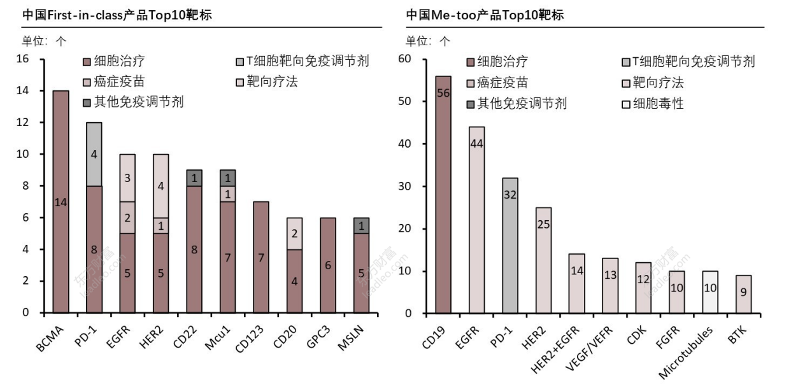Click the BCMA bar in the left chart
pos(61,202)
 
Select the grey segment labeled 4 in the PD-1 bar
pos(94,154)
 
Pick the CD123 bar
pos(260,257)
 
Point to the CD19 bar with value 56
pos(443,194)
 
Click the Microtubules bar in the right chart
pos(711,292)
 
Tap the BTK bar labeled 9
pos(744,294)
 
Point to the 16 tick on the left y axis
pos(23,59)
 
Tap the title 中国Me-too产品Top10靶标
pos(485,15)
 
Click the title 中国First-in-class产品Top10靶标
pos(117,15)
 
